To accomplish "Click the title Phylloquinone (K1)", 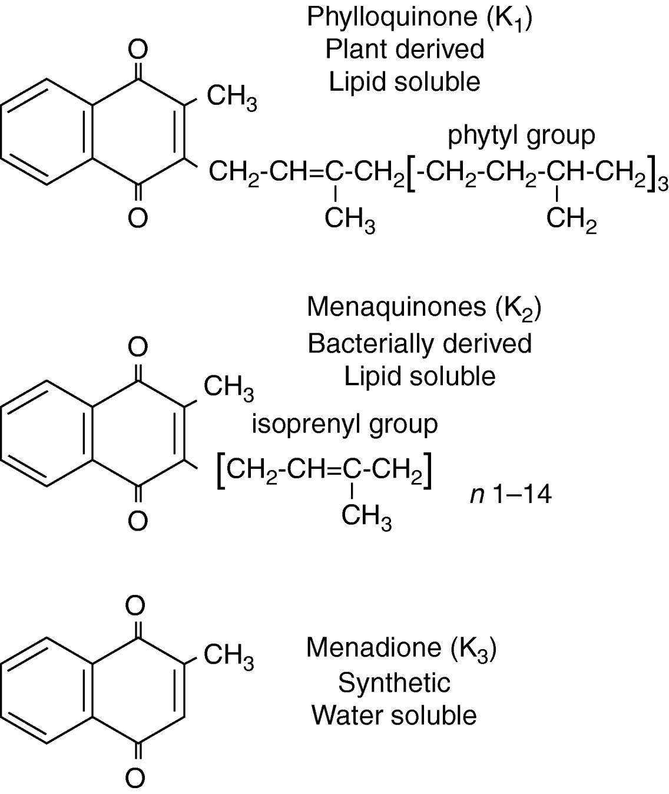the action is [419, 18].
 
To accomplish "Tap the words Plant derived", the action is [405, 49].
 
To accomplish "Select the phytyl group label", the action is [521, 136].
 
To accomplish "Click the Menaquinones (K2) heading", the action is [424, 307].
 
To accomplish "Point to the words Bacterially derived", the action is [419, 344].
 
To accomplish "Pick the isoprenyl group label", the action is [345, 425].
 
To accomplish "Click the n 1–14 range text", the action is [511, 495].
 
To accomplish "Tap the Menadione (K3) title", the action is [402, 648].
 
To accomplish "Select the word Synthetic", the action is [395, 682].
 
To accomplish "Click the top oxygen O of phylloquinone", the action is [138, 49].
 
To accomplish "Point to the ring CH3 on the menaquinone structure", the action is [229, 388].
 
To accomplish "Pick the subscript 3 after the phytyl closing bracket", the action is [663, 184].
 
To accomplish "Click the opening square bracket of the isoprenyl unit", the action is [221, 471].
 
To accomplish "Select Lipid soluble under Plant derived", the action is [405, 82].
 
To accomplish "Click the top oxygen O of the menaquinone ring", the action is [138, 346].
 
